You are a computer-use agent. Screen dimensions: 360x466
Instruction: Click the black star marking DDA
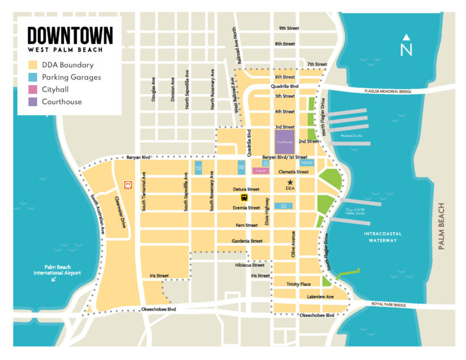(290, 182)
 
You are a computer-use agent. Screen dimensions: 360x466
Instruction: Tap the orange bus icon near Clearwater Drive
(129, 185)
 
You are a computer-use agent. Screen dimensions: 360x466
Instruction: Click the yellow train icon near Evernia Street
(244, 198)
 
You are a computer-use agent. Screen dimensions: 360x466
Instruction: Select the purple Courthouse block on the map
(285, 141)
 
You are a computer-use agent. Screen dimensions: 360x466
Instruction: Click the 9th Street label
(289, 28)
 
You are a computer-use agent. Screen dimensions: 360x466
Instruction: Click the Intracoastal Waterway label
(383, 237)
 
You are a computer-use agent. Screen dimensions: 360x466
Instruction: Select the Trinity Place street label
(299, 284)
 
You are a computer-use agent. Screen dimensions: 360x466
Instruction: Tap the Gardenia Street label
(247, 241)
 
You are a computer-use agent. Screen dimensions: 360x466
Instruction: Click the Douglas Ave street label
(154, 90)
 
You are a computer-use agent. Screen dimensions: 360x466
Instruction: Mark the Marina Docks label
(352, 135)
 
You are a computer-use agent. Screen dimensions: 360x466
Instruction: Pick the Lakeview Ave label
(320, 297)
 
